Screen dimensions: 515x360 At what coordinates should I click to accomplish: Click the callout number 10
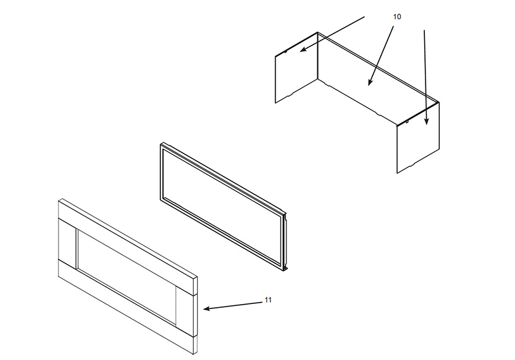point(397,17)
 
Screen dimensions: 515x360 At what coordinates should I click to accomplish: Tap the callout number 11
point(268,300)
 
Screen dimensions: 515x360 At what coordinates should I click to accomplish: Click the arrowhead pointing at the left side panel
point(303,50)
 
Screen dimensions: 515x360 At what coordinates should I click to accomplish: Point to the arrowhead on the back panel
point(370,82)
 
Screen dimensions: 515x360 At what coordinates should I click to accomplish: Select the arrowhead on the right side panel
point(426,122)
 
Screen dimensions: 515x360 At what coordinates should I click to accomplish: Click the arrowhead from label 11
point(206,308)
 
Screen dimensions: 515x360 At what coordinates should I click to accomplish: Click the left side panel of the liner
point(296,68)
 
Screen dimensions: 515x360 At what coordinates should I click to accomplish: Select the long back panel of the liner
point(378,79)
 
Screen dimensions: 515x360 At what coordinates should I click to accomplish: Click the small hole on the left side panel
point(285,52)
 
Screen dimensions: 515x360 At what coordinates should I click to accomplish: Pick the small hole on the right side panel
point(407,122)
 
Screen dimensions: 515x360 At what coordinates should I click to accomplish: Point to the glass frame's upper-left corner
point(162,144)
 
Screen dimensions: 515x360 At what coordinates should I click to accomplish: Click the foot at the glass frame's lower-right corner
point(285,269)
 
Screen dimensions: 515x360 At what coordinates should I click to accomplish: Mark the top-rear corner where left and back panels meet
point(317,32)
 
